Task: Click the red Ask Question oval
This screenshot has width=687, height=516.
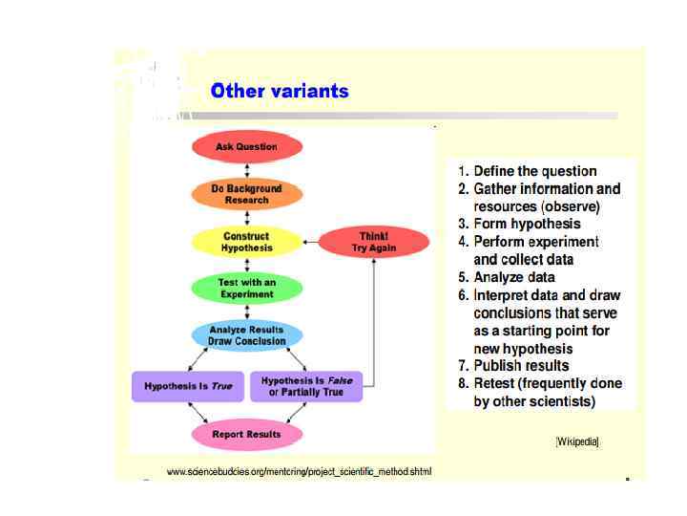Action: point(247,147)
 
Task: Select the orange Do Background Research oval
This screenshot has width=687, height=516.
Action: point(247,194)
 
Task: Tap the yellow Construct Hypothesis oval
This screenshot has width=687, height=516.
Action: point(247,242)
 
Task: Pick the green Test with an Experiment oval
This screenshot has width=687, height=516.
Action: point(247,289)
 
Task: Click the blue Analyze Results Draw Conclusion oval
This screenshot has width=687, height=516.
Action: point(247,335)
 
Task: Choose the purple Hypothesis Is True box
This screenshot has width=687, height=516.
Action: point(188,386)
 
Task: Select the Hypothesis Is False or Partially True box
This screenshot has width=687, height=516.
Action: point(306,386)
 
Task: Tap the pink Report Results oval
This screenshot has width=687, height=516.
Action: point(247,435)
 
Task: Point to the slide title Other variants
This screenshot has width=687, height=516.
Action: point(280,92)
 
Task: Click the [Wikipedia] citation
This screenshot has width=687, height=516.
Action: point(577,441)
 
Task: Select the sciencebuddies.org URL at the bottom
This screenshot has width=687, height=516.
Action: point(299,472)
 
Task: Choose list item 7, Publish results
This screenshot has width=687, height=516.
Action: point(521,365)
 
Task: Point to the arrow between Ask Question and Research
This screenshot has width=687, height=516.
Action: point(247,170)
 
